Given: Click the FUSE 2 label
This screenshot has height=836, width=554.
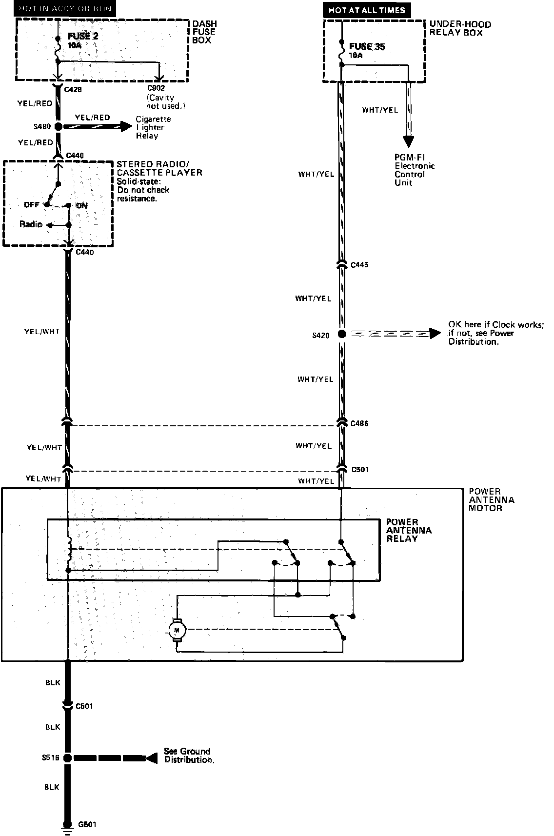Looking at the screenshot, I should (x=79, y=37).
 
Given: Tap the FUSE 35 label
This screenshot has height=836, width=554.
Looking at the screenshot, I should (x=367, y=47).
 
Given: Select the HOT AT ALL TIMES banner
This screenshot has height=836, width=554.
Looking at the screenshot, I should (x=367, y=10).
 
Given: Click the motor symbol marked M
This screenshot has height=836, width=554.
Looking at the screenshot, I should (x=177, y=630).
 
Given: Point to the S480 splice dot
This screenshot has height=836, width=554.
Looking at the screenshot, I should (x=58, y=127).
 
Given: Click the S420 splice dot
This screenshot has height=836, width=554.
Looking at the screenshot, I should (x=341, y=334).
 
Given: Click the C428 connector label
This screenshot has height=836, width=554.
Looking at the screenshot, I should (x=73, y=90).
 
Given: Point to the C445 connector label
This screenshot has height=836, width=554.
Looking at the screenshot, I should (x=359, y=265).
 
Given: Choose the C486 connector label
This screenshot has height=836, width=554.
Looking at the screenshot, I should (x=359, y=423).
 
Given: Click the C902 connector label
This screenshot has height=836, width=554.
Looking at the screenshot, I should (x=156, y=88).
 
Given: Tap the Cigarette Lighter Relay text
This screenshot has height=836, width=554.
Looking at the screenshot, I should (x=153, y=127).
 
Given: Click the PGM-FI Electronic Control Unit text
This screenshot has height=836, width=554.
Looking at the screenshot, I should (x=415, y=170).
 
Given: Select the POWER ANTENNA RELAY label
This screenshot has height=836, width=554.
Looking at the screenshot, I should (x=402, y=530).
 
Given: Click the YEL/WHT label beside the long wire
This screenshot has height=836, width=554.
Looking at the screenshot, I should (x=42, y=332).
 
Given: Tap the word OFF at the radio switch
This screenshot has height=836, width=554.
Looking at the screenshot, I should (x=31, y=205).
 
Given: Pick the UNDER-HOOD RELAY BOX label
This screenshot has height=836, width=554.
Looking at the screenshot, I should (x=460, y=28).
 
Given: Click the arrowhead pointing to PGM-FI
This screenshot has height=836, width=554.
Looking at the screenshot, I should (x=408, y=141).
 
